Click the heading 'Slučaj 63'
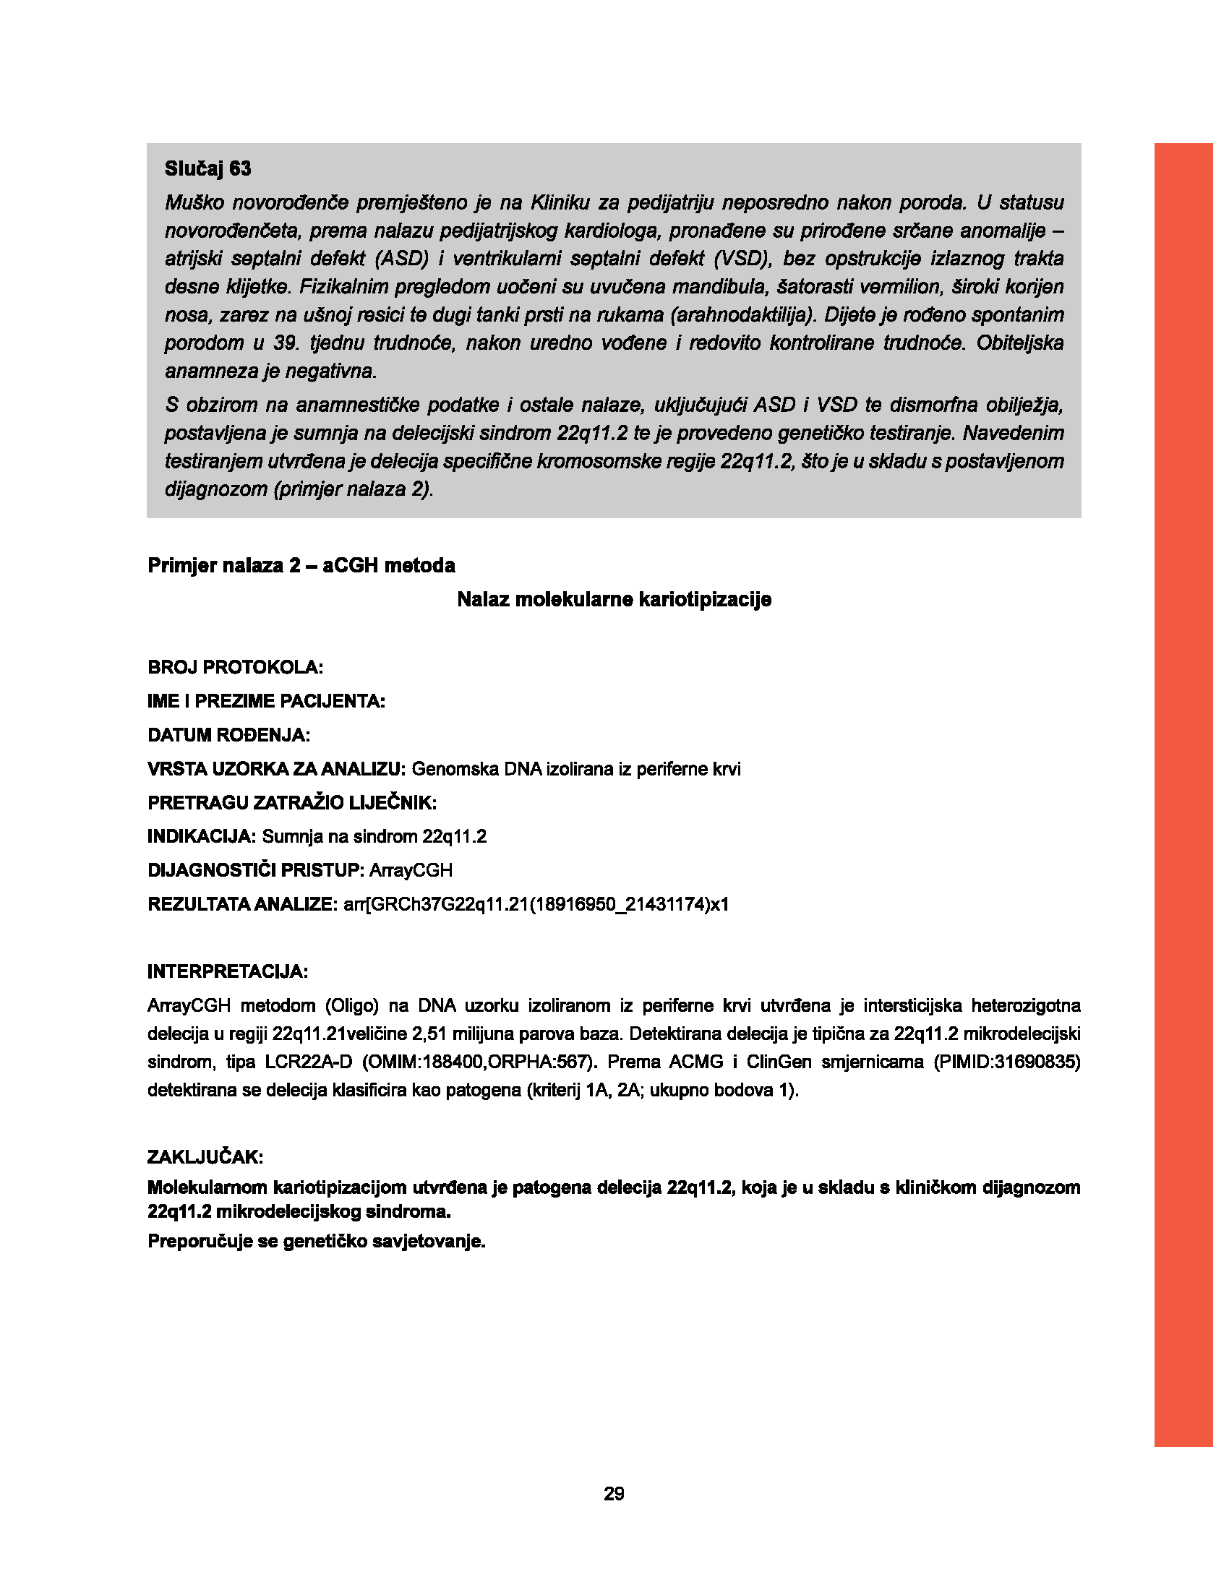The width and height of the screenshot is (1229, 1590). tap(207, 169)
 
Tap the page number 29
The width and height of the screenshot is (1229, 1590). tap(614, 1494)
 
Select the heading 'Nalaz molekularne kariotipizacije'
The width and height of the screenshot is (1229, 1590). tap(614, 600)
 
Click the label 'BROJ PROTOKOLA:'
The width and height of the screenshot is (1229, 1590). tap(235, 668)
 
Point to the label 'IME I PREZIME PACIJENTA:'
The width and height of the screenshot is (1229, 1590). tap(266, 702)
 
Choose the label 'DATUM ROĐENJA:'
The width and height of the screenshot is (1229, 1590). tap(228, 735)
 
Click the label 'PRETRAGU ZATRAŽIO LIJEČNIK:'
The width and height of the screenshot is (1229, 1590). tap(292, 803)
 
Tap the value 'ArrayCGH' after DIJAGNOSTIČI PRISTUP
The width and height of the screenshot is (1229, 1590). tap(411, 871)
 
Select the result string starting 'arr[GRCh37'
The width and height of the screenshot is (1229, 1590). tap(536, 905)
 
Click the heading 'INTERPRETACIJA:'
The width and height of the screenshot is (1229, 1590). tap(227, 972)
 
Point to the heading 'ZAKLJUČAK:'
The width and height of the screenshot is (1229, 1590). tap(205, 1158)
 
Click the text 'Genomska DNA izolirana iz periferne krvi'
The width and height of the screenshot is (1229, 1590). tap(576, 770)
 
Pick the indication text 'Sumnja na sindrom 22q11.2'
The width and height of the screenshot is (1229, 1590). tap(374, 837)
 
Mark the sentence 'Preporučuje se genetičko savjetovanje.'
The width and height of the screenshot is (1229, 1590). tap(316, 1241)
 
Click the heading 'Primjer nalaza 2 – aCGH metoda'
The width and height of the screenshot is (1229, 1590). tap(301, 566)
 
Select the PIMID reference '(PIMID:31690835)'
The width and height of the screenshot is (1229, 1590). tap(1007, 1062)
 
